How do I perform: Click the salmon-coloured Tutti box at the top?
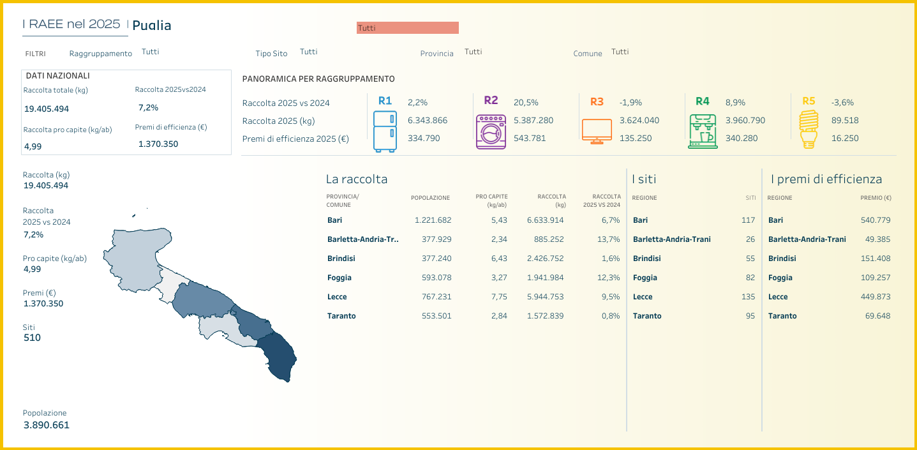(407, 27)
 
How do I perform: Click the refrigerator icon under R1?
(385, 131)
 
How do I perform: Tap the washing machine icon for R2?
(491, 131)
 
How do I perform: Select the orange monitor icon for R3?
(597, 131)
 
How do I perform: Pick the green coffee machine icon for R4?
(702, 131)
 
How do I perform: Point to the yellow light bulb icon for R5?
(809, 130)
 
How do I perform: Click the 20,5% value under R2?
(526, 102)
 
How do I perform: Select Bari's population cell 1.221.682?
(433, 220)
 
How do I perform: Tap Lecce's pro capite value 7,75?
(498, 297)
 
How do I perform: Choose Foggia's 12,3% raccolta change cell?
(609, 278)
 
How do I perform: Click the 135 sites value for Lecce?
(747, 297)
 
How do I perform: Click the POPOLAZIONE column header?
(430, 198)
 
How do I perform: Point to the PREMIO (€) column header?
(876, 198)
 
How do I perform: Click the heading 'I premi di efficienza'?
(826, 179)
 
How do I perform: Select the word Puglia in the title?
(152, 26)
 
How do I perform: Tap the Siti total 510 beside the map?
(32, 338)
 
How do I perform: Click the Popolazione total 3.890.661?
(46, 425)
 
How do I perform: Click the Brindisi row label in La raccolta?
(341, 259)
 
